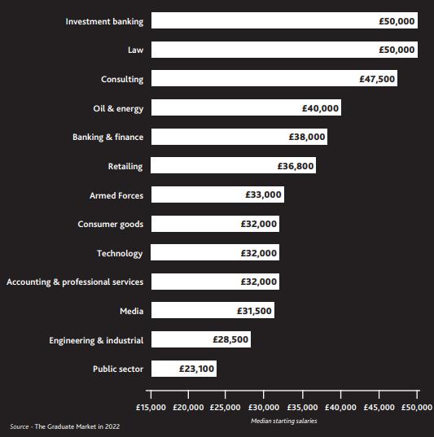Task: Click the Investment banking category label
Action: coord(104,21)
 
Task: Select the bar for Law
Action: coord(284,50)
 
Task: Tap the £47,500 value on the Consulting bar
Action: coord(377,79)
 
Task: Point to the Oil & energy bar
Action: coord(246,107)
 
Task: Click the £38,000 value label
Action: coord(307,137)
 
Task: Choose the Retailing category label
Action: coord(125,166)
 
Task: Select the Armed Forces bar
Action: coord(218,194)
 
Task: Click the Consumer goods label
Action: coord(111,225)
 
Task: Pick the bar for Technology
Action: coord(215,252)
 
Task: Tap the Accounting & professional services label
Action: coord(75,282)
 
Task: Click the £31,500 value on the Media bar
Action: coord(254,311)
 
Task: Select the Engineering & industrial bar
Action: coord(201,339)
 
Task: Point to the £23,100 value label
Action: coord(196,369)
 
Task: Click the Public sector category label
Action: coord(118,369)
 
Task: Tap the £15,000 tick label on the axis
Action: coord(151,408)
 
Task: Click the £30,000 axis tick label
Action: coord(264,408)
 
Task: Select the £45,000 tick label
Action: coord(379,408)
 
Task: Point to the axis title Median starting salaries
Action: coord(284,421)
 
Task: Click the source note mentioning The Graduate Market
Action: coord(65,426)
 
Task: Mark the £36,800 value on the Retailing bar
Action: coord(296,166)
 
